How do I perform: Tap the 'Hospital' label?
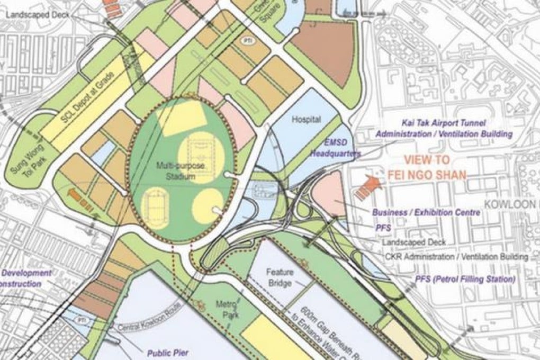coord(307,120)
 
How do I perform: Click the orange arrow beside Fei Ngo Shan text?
coord(368,188)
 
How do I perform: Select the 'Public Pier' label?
coord(168,350)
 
